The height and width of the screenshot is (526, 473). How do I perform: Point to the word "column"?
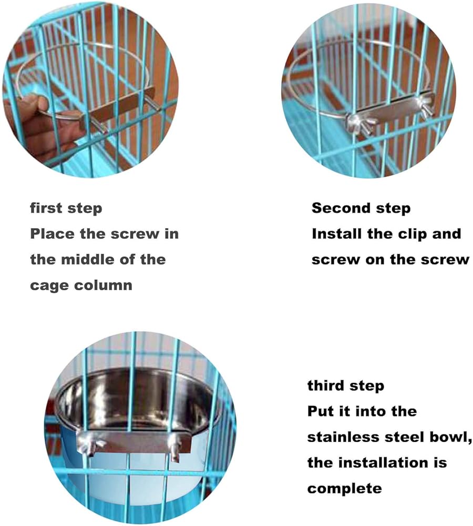[103, 285]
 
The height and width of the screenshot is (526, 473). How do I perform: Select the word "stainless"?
[343, 437]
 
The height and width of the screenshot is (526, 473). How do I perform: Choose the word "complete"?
[345, 489]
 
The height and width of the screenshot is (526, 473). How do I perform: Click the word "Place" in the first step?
[52, 234]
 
